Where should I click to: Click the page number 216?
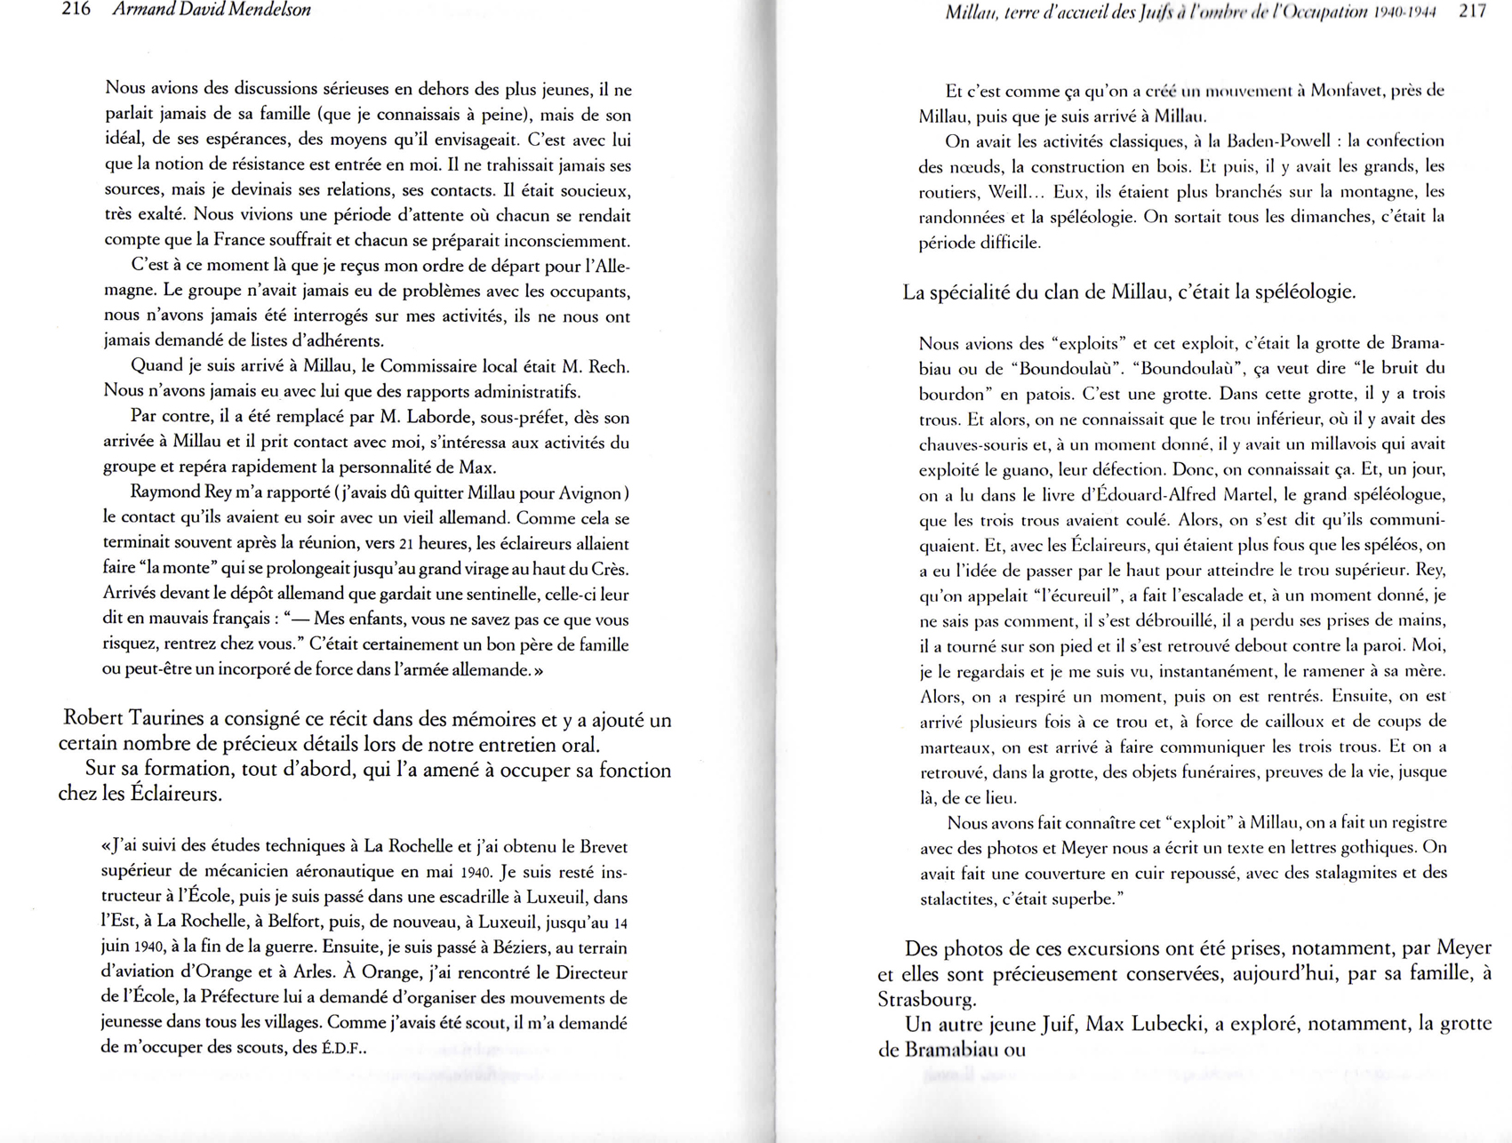(76, 11)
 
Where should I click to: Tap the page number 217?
(1472, 12)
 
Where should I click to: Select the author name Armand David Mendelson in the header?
(212, 11)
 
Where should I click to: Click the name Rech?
(609, 366)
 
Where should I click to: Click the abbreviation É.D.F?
(343, 1048)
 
